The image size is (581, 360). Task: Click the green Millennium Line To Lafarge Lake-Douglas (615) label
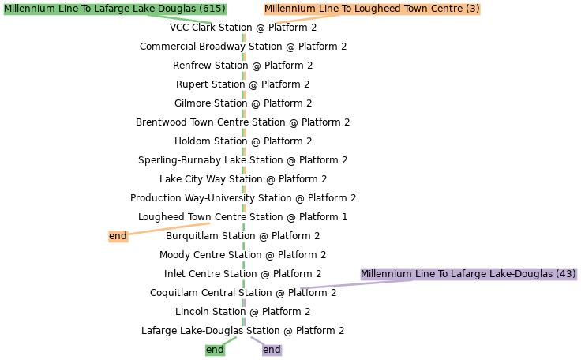[114, 9]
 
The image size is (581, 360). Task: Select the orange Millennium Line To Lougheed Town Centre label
[372, 9]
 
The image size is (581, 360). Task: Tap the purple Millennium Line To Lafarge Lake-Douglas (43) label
[468, 274]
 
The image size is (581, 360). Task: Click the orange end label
[118, 236]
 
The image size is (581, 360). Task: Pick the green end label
[215, 350]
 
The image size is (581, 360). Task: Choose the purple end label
[272, 350]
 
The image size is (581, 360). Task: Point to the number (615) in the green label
[212, 9]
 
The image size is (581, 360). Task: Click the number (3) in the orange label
[472, 9]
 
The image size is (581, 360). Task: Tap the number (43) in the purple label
[565, 274]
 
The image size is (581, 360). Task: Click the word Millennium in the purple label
[387, 274]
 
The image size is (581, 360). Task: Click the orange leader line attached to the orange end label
[169, 229]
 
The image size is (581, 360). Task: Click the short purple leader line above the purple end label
[257, 339]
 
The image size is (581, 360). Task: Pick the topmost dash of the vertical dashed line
[244, 37]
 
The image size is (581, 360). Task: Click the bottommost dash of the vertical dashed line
[244, 322]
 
